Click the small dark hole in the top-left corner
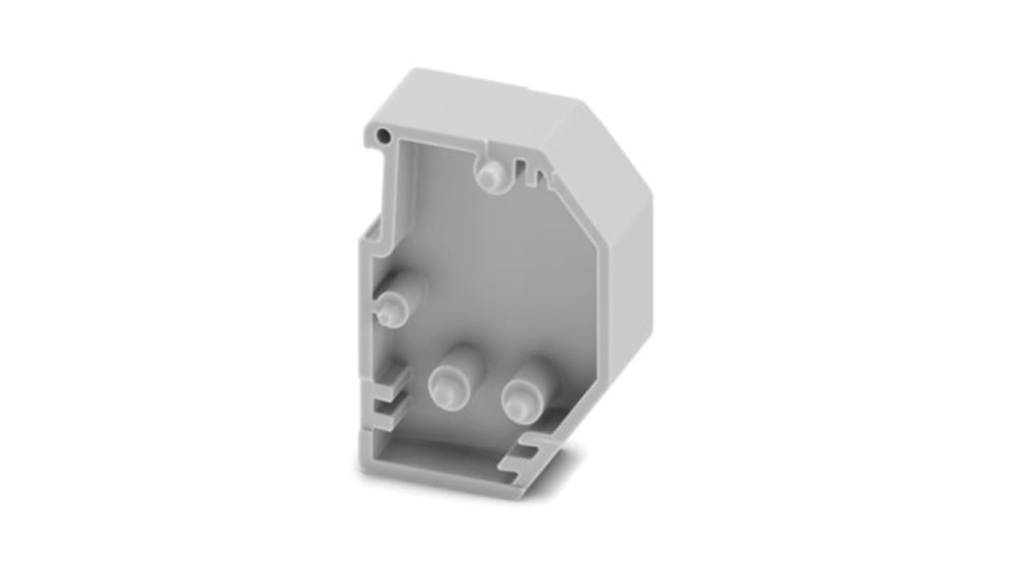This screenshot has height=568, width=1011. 384,135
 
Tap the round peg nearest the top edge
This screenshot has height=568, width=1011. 490,174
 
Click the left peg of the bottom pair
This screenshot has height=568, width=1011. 446,387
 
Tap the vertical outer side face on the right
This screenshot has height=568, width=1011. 630,270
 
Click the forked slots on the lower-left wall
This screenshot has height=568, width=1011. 388,402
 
